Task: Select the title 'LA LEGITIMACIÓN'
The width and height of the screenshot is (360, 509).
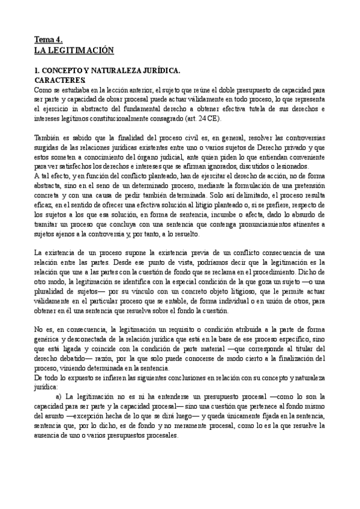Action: [74, 51]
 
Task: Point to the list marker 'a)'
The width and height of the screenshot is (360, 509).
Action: [59, 398]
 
